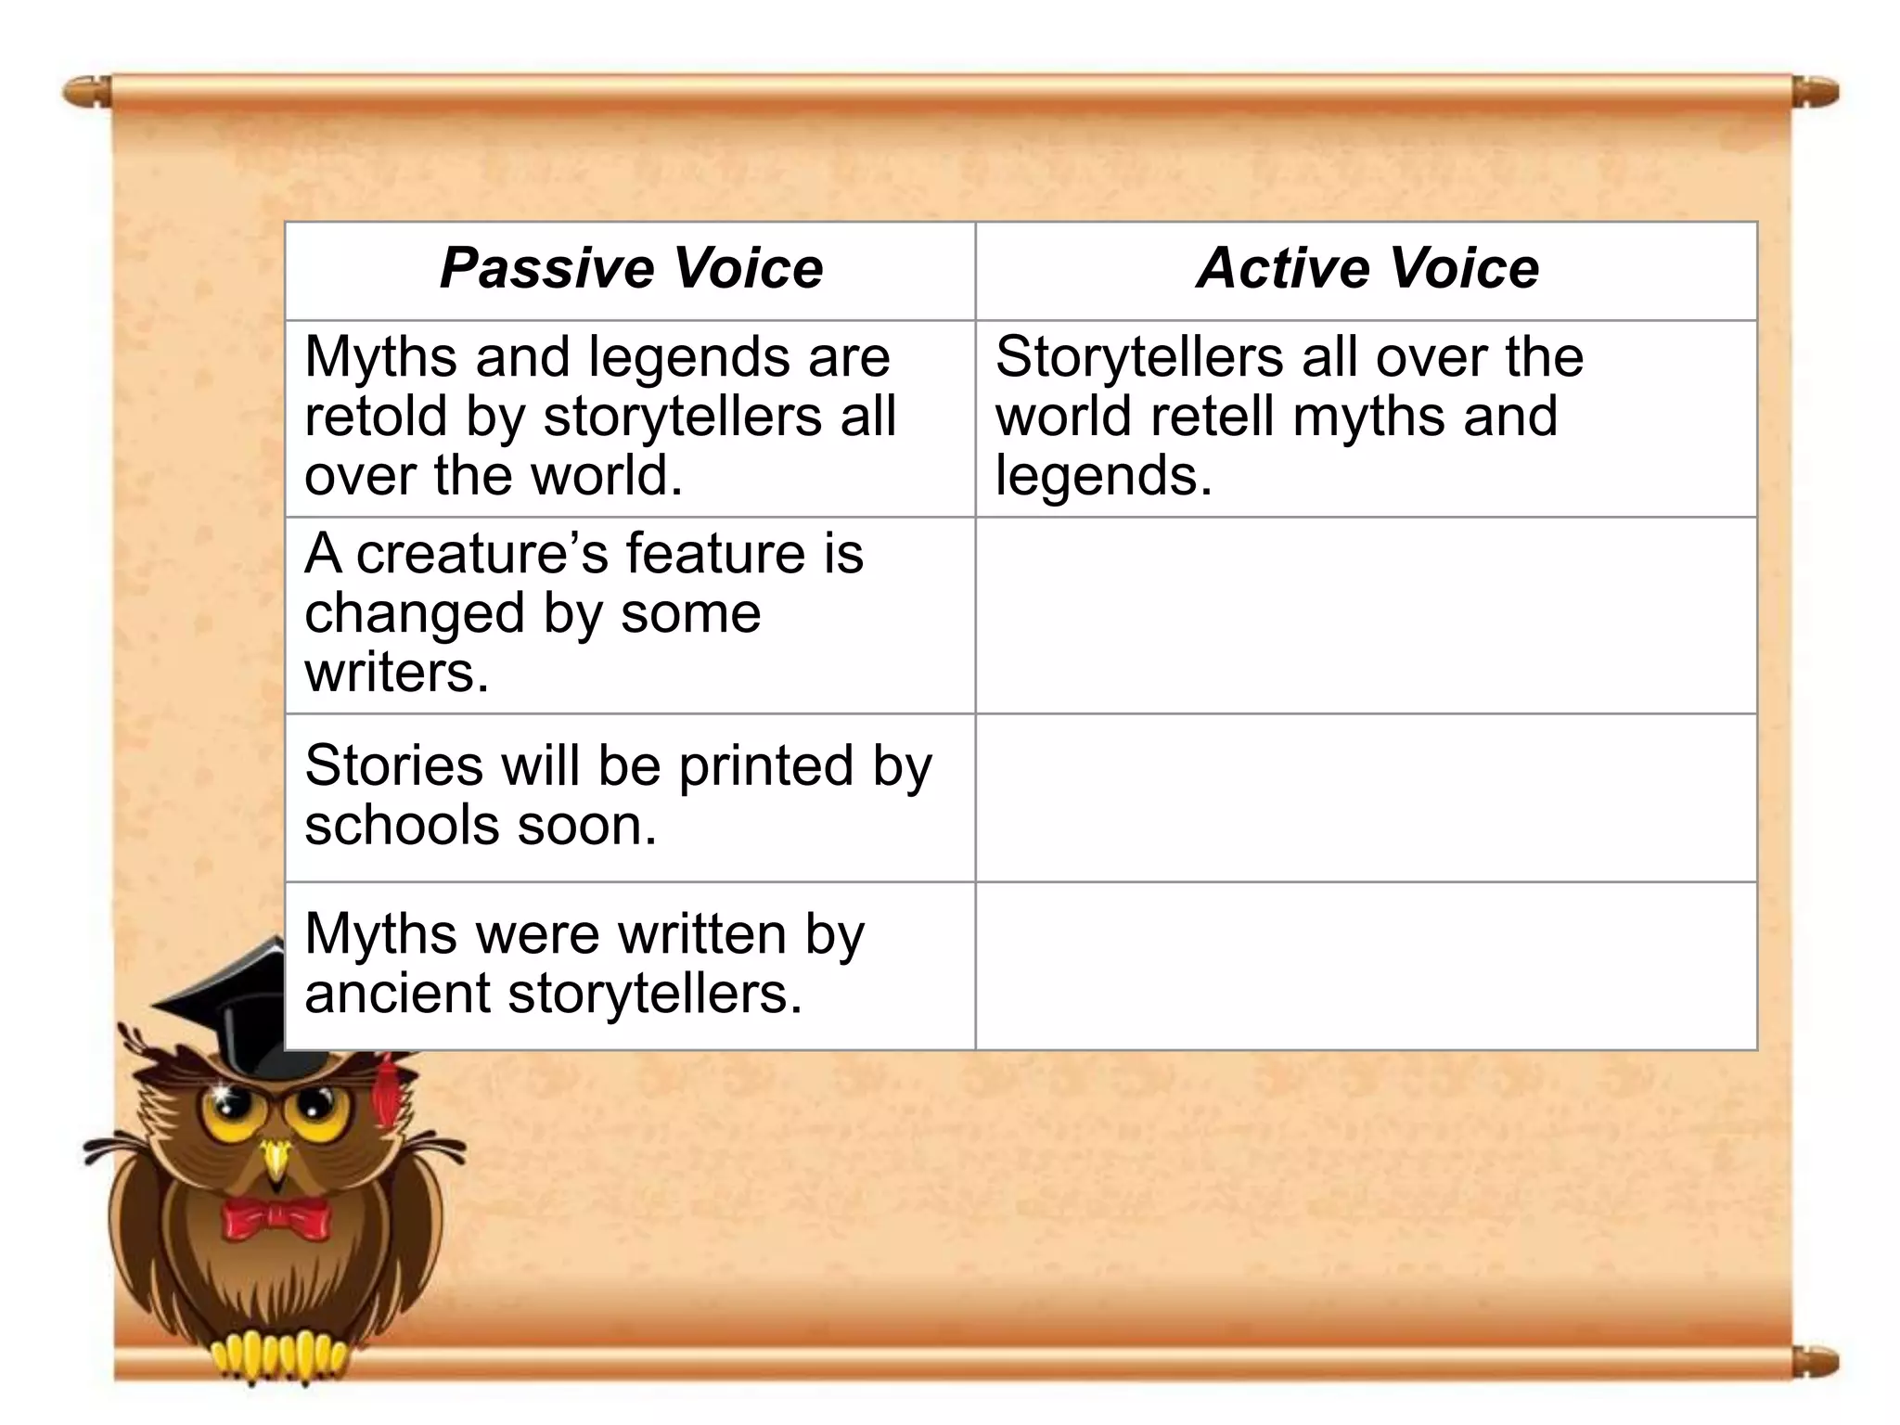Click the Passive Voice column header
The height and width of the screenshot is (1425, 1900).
(x=631, y=269)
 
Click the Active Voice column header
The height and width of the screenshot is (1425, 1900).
(x=1367, y=269)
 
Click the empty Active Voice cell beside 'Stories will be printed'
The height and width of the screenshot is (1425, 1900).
(x=1366, y=798)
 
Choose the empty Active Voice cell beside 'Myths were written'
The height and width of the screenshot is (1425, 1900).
(x=1366, y=966)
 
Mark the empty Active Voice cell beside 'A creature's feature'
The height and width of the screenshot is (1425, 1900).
(x=1366, y=615)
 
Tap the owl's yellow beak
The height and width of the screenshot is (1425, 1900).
(x=276, y=1160)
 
